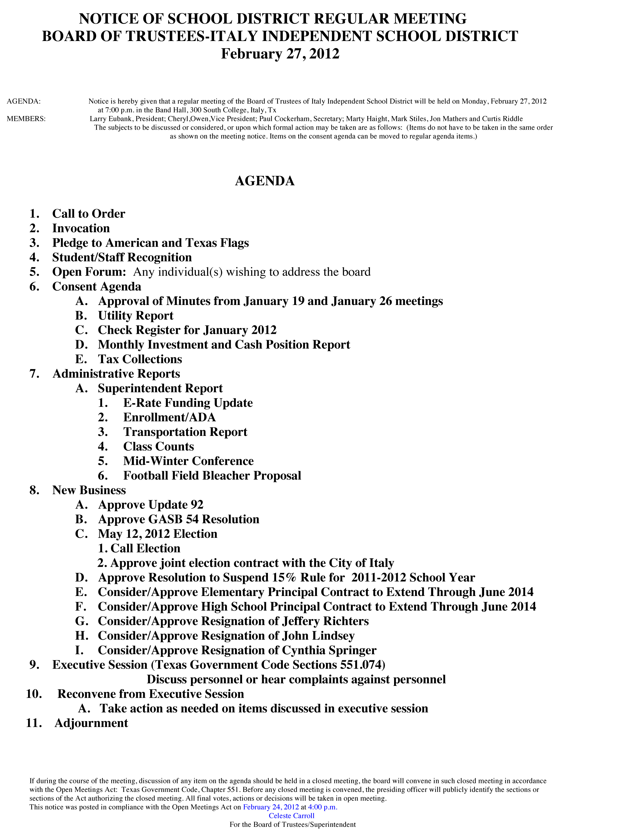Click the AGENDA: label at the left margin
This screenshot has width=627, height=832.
tap(24, 101)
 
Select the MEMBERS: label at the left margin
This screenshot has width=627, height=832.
tap(26, 119)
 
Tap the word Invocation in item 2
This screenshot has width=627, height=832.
tap(81, 228)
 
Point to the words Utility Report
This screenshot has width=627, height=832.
tap(136, 316)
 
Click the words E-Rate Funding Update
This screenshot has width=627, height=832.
tap(188, 403)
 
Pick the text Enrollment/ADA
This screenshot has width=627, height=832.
tap(169, 417)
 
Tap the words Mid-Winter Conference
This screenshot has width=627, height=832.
tap(188, 461)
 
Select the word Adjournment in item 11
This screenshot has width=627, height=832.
tap(91, 723)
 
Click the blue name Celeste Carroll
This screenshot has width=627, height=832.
tap(292, 816)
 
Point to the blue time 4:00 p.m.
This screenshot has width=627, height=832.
tap(323, 807)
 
